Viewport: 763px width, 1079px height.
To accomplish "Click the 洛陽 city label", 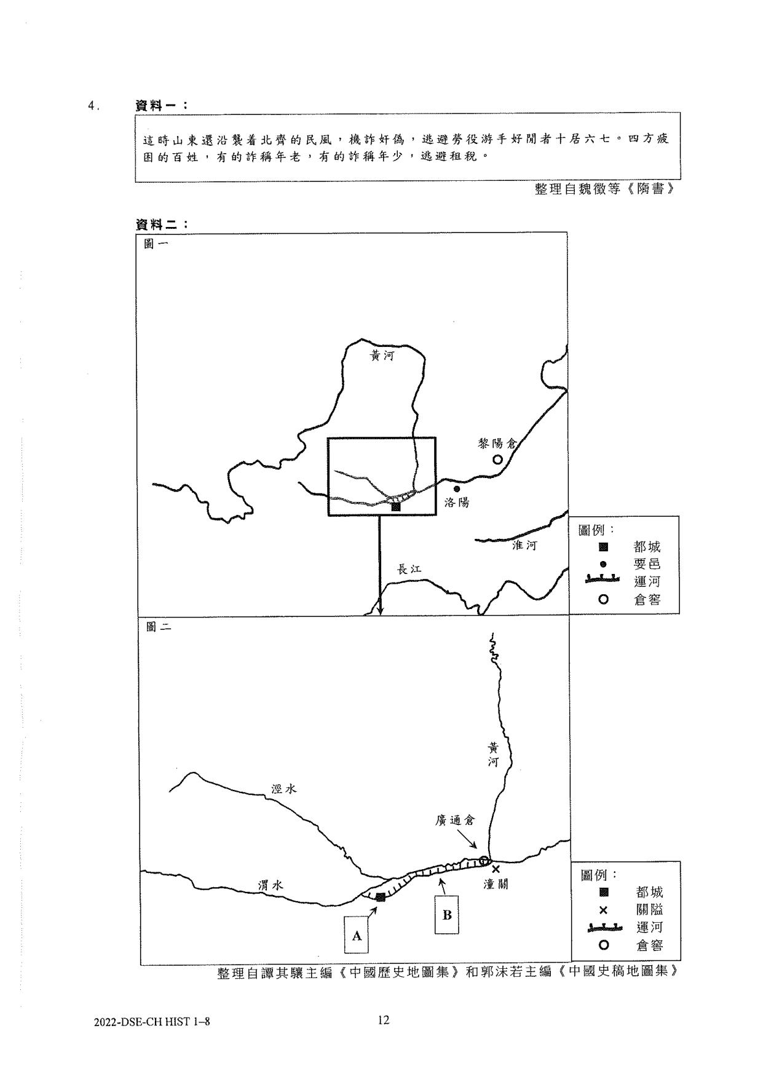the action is tap(457, 503).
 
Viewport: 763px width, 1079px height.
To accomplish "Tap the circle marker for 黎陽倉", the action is tap(497, 460).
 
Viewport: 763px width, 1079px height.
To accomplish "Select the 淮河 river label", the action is tap(524, 545).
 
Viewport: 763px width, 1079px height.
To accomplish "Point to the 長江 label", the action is tap(409, 569).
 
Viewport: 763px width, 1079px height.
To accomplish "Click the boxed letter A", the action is tap(356, 936).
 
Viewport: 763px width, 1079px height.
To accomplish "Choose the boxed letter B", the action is tap(447, 915).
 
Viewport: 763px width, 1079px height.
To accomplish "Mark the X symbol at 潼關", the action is tap(496, 869).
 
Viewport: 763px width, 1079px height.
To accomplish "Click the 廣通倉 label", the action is tap(455, 821).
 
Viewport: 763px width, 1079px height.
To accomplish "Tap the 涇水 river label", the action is tap(284, 789).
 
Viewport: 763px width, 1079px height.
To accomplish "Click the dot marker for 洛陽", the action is tap(456, 489).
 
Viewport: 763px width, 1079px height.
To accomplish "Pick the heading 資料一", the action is tap(161, 106).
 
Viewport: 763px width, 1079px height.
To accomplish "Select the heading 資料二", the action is tap(161, 225).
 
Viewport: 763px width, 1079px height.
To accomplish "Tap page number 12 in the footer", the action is tap(384, 1021).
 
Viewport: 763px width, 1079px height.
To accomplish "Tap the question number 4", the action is tap(93, 106).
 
